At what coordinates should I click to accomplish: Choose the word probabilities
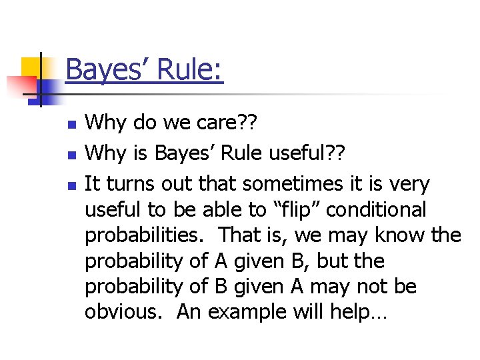pos(146,235)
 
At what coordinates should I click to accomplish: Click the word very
pos(409,184)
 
